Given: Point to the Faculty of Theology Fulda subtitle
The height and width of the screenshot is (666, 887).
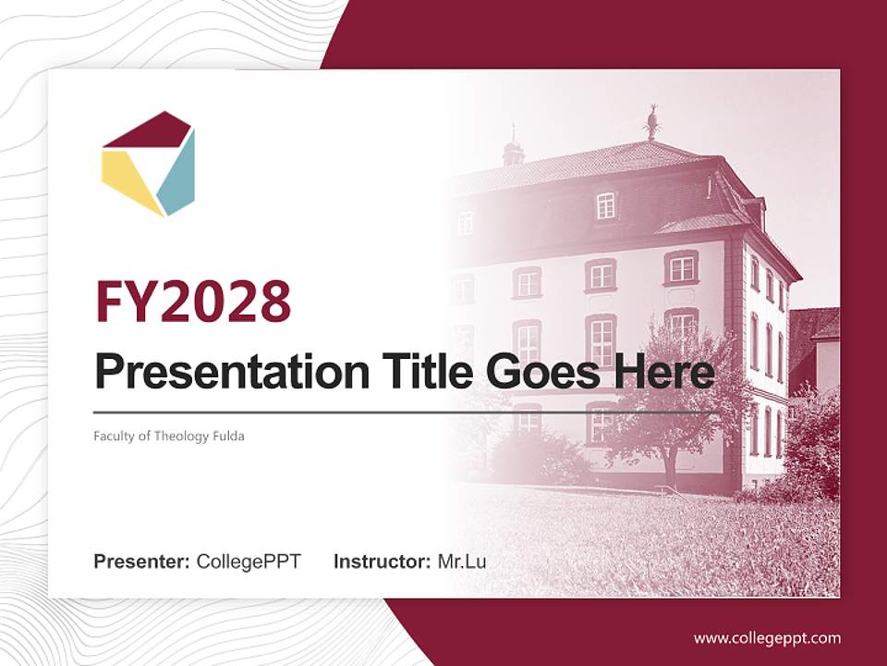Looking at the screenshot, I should (168, 436).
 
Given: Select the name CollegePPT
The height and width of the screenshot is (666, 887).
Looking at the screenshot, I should (249, 561).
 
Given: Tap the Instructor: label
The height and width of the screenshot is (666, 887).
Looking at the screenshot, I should (382, 561).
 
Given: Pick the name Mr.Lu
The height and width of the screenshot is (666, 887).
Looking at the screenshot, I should (462, 561).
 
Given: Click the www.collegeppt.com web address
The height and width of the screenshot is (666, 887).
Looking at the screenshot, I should (767, 638).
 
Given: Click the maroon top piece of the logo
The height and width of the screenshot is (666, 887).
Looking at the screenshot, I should (148, 131).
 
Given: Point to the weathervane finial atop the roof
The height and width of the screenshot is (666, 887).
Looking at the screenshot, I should (652, 121).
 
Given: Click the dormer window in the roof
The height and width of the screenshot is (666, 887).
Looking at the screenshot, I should (605, 204).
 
